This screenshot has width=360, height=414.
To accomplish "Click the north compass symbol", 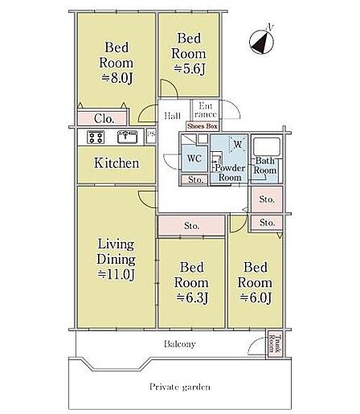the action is point(262,41).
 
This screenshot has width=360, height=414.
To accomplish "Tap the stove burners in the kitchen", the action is point(96,137).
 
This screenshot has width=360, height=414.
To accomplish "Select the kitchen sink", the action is point(127,137).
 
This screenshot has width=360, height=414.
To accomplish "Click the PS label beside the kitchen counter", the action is point(151,133).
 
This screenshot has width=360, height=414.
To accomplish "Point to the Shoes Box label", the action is point(202,126).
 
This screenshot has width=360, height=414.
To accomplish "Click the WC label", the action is point(194,158).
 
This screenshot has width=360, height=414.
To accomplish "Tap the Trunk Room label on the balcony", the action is point(276,344).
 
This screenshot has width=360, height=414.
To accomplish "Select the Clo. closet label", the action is point(104,118).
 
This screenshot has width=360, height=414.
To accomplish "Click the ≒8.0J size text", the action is point(117,78).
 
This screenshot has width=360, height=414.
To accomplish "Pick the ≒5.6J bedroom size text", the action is point(190,69).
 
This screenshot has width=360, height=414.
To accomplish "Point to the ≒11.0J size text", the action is point(117,274).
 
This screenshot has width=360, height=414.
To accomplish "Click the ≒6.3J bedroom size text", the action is point(192,297).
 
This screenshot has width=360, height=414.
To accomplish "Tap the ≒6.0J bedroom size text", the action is point(256,297).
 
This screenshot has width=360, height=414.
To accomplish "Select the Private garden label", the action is point(180,387).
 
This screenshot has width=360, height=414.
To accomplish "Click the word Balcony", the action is point(180,344).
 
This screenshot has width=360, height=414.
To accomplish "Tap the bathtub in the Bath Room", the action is point(267,146).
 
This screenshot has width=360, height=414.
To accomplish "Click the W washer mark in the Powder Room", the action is point(238,145).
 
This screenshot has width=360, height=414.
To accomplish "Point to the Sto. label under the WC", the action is point(195,180).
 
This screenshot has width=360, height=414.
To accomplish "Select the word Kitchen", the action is point(117,163).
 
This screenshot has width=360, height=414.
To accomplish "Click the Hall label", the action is point(172,116).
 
